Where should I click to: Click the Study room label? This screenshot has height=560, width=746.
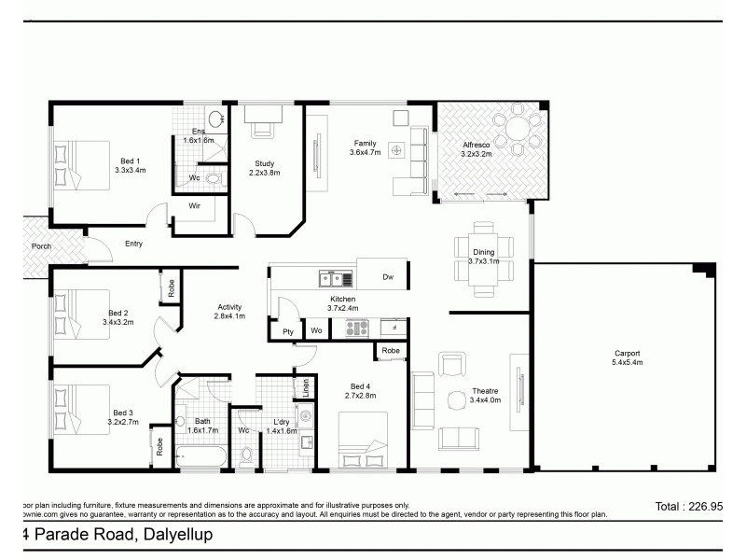264,163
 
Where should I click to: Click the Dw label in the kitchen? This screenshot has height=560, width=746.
388,277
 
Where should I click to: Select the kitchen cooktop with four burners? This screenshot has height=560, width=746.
358,328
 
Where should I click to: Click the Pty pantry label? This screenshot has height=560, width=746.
287,330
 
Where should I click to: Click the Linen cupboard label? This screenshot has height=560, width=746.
301,386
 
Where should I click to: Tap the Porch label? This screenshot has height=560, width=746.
41,247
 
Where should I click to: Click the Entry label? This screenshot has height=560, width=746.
133,245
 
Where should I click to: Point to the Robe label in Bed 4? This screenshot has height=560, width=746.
391,351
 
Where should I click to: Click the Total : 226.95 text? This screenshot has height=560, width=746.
688,507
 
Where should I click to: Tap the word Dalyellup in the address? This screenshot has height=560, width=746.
176,535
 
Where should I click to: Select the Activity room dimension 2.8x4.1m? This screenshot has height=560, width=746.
229,316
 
